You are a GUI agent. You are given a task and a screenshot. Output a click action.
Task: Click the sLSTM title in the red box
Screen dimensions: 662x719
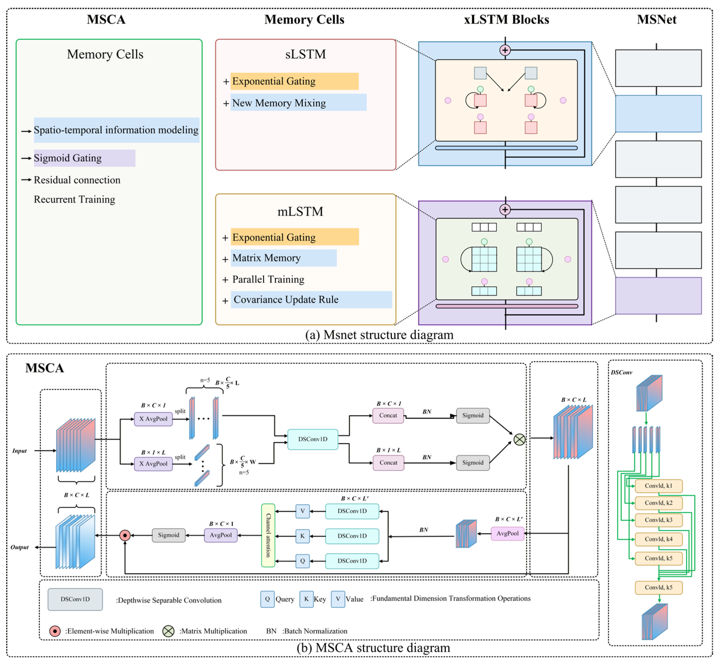click(305, 54)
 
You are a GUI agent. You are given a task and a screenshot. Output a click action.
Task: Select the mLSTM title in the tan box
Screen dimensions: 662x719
click(300, 211)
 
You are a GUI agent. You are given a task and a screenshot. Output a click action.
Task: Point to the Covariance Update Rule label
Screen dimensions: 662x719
click(286, 299)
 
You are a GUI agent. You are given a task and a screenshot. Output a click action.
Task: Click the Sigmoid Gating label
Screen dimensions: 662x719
click(68, 158)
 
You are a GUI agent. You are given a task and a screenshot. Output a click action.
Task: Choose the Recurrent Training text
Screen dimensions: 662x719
click(74, 199)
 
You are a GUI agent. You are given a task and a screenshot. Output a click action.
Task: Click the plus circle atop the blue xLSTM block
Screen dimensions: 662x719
click(505, 50)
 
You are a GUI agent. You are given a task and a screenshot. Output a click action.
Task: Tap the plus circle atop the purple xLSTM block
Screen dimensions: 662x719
click(505, 210)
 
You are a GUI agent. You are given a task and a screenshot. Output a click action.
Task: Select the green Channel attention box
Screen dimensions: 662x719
click(268, 535)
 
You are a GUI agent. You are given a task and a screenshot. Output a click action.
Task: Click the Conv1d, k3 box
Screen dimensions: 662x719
click(659, 520)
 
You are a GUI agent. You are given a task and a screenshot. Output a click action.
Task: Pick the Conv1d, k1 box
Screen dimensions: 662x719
click(659, 486)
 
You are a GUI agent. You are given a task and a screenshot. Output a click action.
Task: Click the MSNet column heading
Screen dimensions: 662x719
click(656, 19)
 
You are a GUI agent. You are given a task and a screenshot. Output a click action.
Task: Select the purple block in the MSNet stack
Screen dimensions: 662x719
click(658, 296)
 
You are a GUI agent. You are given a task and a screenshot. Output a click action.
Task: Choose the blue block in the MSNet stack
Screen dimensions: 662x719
click(658, 114)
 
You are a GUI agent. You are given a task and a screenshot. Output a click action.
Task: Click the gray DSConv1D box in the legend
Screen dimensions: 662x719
click(75, 599)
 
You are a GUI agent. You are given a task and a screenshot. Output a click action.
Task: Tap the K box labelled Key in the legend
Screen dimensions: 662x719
click(306, 599)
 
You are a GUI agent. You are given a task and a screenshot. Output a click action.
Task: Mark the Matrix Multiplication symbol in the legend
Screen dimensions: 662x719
click(168, 631)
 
